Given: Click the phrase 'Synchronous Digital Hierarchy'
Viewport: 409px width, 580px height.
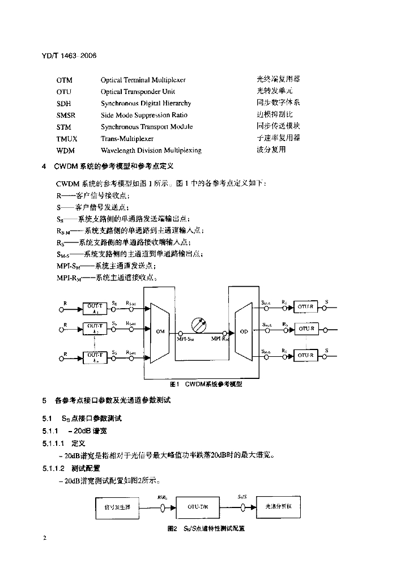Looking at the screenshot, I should click(x=146, y=103).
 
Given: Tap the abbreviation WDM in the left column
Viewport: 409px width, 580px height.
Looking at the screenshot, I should click(x=65, y=151).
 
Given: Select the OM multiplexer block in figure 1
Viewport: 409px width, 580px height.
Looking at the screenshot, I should click(x=159, y=332).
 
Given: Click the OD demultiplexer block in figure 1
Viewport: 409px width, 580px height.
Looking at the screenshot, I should click(x=244, y=332).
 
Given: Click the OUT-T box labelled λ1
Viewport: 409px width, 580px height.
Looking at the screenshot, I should click(x=95, y=308).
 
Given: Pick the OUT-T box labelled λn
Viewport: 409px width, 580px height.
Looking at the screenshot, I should click(x=95, y=357).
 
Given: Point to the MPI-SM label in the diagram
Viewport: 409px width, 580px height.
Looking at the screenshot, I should click(x=185, y=339).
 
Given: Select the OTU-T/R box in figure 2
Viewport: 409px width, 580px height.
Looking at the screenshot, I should click(x=198, y=507).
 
